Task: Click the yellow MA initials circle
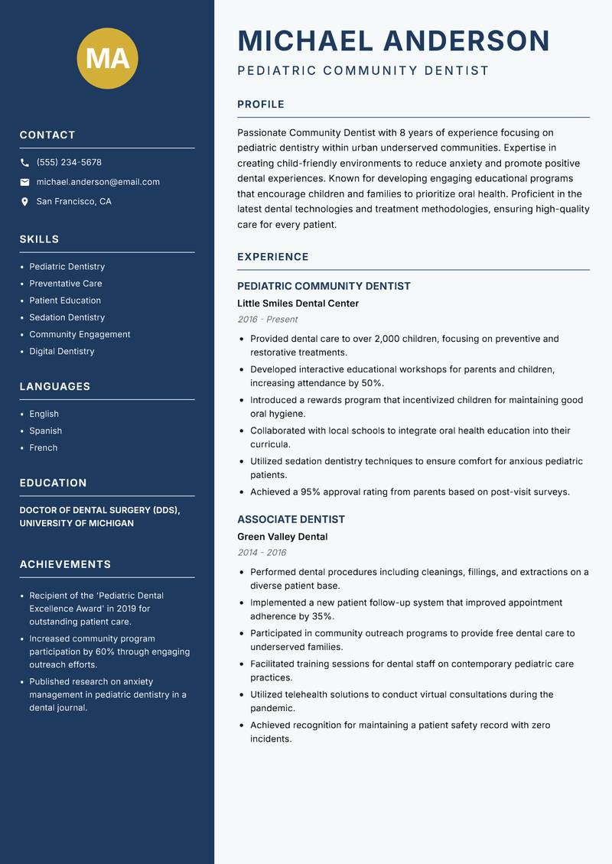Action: pyautogui.click(x=108, y=58)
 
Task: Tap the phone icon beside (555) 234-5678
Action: pyautogui.click(x=24, y=163)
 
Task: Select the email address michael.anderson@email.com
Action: pyautogui.click(x=98, y=182)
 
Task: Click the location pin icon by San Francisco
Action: pyautogui.click(x=24, y=202)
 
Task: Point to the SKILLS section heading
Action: pyautogui.click(x=39, y=239)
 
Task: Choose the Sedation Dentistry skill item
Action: pyautogui.click(x=67, y=317)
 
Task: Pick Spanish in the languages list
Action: pyautogui.click(x=45, y=430)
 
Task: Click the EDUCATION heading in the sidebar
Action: pyautogui.click(x=53, y=483)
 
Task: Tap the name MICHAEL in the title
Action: pyautogui.click(x=305, y=41)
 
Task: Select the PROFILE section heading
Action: pyautogui.click(x=260, y=105)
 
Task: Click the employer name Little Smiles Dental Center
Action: pyautogui.click(x=298, y=304)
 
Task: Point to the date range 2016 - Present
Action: pyautogui.click(x=267, y=320)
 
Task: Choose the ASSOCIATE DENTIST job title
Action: pyautogui.click(x=291, y=519)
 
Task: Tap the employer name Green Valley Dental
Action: pyautogui.click(x=282, y=537)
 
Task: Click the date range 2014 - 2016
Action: pyautogui.click(x=262, y=553)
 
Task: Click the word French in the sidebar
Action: pyautogui.click(x=43, y=448)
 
